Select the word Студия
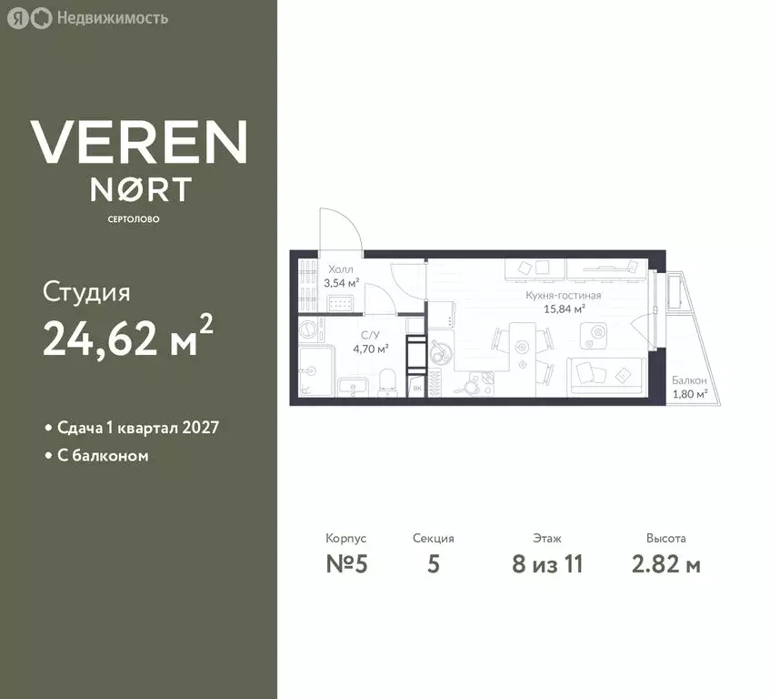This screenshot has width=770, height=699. (86, 293)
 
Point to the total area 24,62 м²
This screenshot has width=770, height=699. (128, 339)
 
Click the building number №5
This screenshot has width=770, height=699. (345, 564)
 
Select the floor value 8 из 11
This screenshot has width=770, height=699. (547, 564)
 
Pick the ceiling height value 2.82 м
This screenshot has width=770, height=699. (665, 564)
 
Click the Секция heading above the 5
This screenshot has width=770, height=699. (433, 539)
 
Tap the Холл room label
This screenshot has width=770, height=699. (339, 269)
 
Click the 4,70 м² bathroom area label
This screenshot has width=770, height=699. (372, 348)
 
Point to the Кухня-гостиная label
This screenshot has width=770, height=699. (564, 296)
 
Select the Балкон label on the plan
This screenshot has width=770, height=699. (689, 380)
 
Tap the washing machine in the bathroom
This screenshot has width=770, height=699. (310, 329)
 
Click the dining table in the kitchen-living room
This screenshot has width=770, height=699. (522, 349)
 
